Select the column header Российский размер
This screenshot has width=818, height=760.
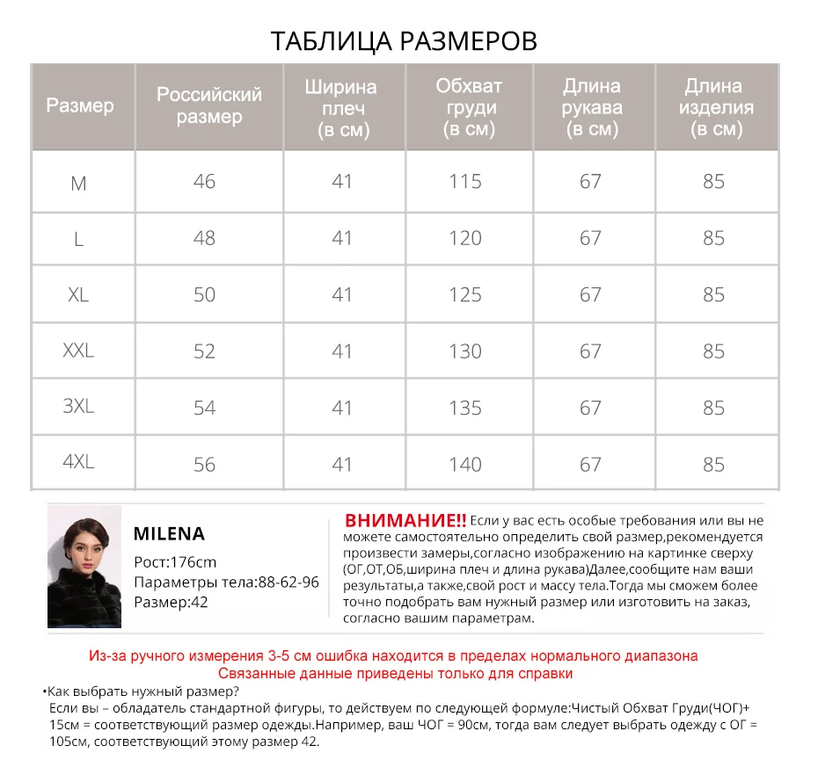(x=209, y=105)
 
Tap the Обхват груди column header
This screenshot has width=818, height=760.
(x=468, y=107)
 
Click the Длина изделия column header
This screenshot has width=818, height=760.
(x=713, y=107)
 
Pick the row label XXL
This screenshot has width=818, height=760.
(x=78, y=351)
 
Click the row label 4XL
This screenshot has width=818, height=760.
(x=78, y=463)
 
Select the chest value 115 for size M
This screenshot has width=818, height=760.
(x=465, y=182)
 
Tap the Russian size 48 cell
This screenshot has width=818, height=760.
(x=204, y=238)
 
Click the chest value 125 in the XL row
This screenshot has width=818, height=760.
(x=465, y=294)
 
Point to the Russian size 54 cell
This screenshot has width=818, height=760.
(x=204, y=408)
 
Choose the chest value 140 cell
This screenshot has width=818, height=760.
(x=465, y=464)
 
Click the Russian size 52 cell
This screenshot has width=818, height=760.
(x=204, y=351)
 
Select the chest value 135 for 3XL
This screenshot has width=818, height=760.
(x=465, y=408)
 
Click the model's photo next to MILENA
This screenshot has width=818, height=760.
(x=84, y=567)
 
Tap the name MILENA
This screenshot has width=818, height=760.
(x=169, y=533)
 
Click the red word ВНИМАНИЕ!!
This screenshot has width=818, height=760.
(x=405, y=519)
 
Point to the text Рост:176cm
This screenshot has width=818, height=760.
(x=175, y=562)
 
